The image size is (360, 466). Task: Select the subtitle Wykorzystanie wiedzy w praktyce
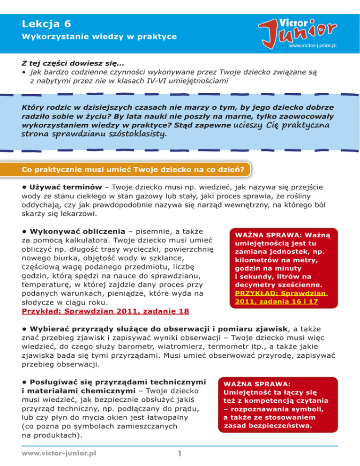point(99,36)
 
